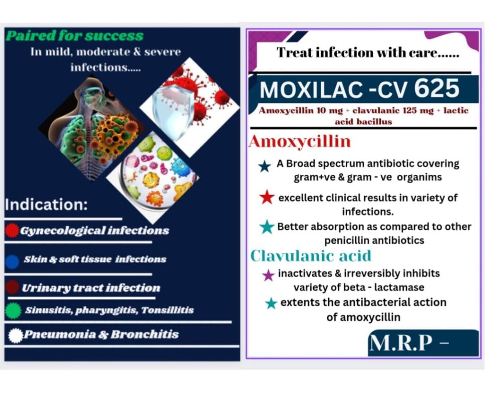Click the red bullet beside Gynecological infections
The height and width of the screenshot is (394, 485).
12,231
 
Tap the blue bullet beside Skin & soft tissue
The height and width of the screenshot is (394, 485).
12,262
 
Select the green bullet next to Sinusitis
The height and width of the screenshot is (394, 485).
13,311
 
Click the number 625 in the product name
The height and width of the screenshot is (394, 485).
437,88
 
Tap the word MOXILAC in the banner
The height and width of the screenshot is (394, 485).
311,90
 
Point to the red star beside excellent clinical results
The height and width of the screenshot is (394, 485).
267,197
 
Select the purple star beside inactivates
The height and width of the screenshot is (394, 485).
268,275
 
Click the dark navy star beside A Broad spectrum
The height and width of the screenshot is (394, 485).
265,166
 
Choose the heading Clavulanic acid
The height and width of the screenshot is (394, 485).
311,256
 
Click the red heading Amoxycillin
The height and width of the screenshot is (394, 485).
300,142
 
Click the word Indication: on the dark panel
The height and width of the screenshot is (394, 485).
46,205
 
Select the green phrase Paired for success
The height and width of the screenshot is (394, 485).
74,36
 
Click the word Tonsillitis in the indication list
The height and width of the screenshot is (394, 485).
167,310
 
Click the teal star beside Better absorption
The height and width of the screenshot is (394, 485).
267,227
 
